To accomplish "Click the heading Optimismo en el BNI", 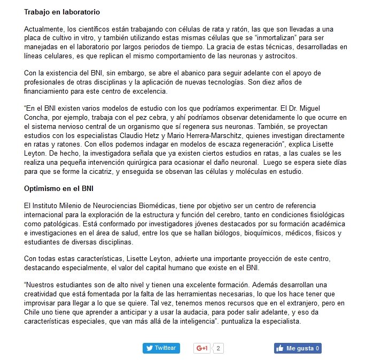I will pyautogui.click(x=59, y=188).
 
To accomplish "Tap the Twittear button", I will pyautogui.click(x=161, y=348).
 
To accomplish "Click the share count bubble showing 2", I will pyautogui.click(x=218, y=348).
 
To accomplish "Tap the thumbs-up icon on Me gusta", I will pyautogui.click(x=279, y=348).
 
